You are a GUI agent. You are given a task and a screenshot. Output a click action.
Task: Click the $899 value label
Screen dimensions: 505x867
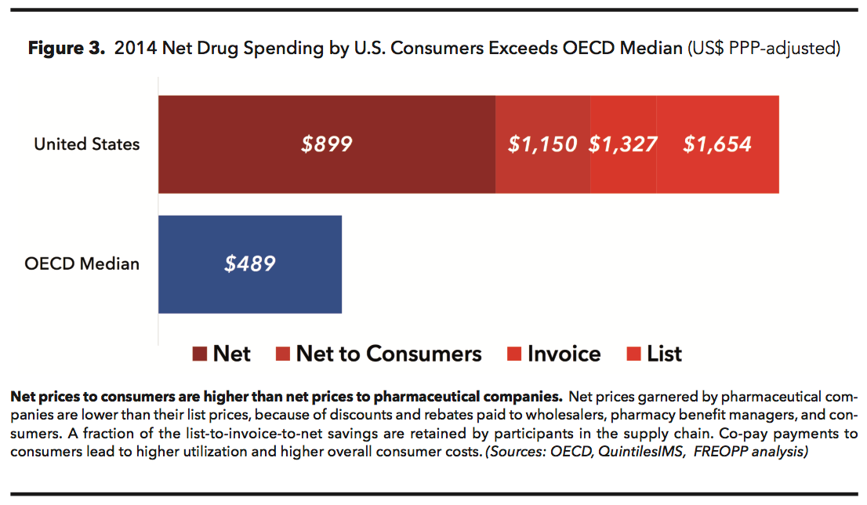(327, 144)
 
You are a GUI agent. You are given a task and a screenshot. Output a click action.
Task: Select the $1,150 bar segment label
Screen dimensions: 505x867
(542, 144)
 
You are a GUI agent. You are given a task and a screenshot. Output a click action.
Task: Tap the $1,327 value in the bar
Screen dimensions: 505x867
(623, 144)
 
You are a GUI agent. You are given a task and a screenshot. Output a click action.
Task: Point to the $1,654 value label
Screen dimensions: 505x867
(717, 144)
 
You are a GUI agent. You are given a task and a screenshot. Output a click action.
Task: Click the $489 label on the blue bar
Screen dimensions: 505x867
(250, 263)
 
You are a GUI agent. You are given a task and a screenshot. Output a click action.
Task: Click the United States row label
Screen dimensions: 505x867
(86, 144)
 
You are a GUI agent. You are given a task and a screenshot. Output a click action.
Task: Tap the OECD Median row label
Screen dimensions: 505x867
(82, 263)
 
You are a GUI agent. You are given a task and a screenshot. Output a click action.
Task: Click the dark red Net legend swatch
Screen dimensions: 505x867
(200, 354)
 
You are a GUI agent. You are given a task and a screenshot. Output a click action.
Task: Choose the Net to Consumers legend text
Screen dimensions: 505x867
(388, 354)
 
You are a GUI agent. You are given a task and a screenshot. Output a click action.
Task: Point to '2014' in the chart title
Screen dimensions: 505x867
(132, 49)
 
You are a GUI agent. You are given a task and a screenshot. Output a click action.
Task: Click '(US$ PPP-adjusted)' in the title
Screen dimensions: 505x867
(764, 49)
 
